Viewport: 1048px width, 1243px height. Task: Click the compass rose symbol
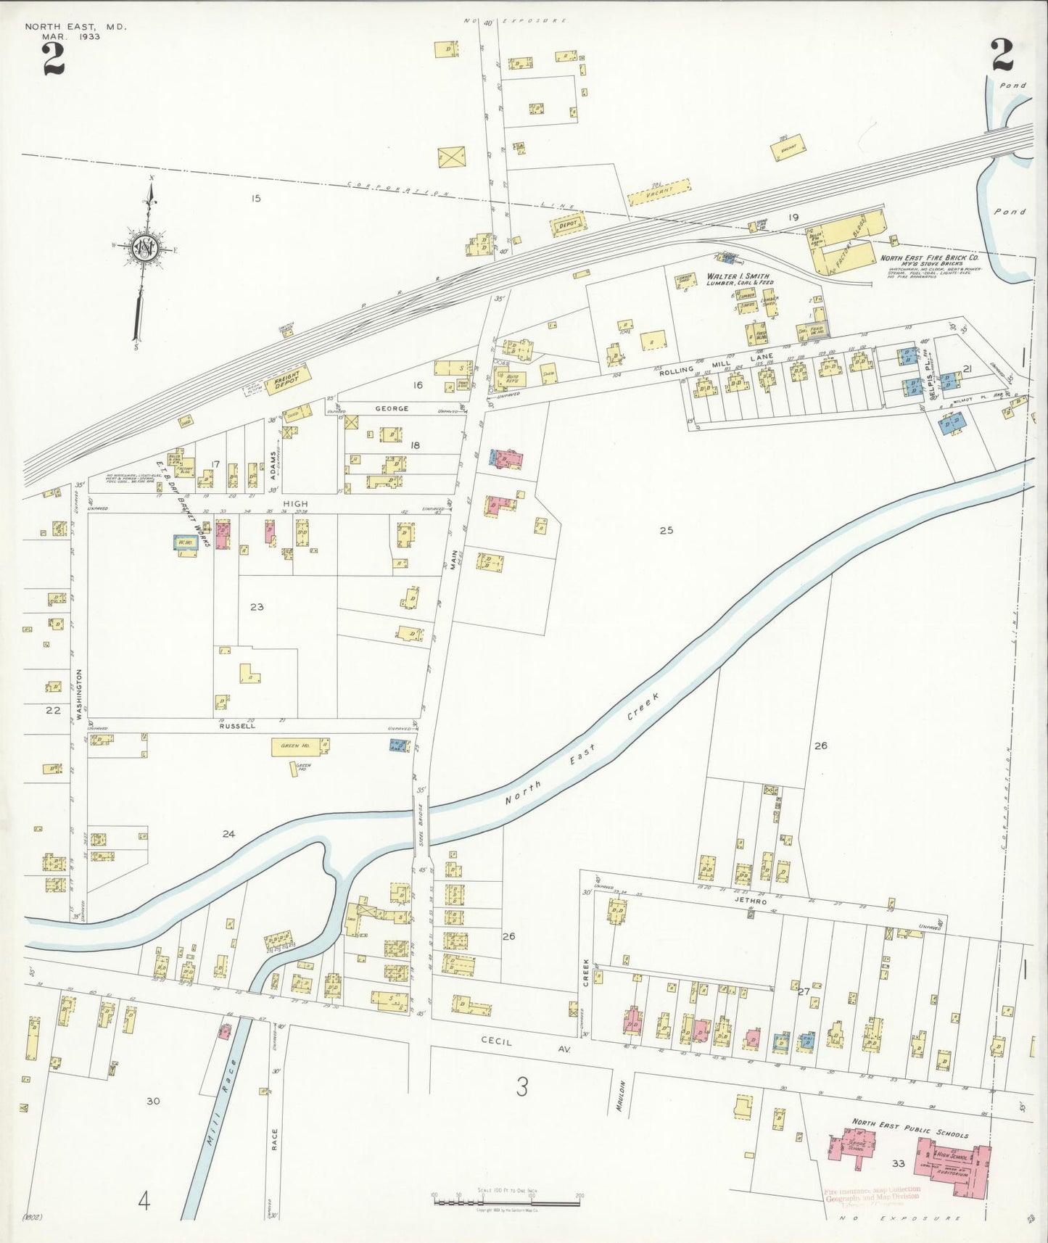tap(145, 248)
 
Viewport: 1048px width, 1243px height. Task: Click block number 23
tap(257, 606)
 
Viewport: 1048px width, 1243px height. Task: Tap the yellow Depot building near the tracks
tap(568, 226)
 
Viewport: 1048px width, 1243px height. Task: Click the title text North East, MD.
tap(75, 27)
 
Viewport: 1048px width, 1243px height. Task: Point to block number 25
tap(666, 530)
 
